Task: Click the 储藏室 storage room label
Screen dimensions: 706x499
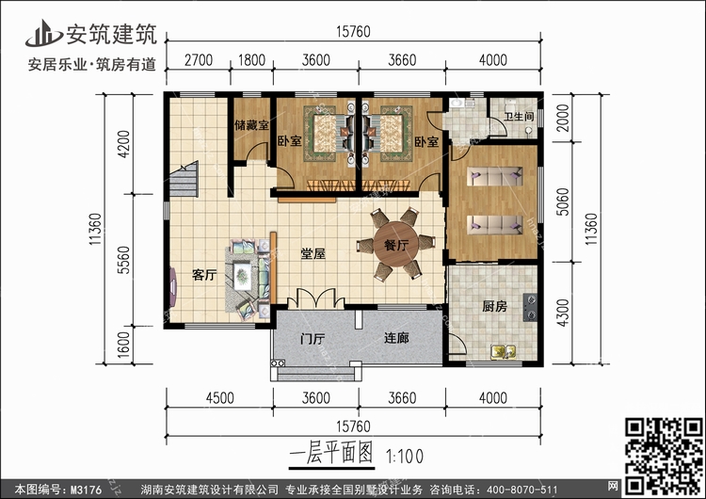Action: point(251,124)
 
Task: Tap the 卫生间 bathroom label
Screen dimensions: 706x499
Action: point(519,117)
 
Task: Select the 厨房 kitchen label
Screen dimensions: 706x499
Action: point(494,307)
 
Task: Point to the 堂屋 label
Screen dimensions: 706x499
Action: point(313,253)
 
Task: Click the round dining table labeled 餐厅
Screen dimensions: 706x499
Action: point(396,245)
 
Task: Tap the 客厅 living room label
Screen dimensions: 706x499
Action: point(204,275)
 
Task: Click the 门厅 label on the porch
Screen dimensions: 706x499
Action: point(313,338)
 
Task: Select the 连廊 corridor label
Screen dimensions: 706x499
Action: point(396,337)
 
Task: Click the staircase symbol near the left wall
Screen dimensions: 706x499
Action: point(184,179)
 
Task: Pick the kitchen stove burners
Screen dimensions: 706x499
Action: point(530,307)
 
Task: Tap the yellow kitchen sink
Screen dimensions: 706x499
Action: point(504,351)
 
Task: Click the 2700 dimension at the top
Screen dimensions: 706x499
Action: point(198,60)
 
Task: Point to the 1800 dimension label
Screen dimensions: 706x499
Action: point(251,60)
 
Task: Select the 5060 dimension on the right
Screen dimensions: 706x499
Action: point(562,201)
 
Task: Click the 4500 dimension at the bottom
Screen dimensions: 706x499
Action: point(219,397)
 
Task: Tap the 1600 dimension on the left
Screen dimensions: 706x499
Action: point(123,345)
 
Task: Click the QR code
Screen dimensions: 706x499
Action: point(664,457)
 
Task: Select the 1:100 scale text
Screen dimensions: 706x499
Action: point(405,457)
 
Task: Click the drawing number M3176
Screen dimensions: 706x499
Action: point(86,490)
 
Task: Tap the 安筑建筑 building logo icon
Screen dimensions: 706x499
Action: point(43,34)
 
